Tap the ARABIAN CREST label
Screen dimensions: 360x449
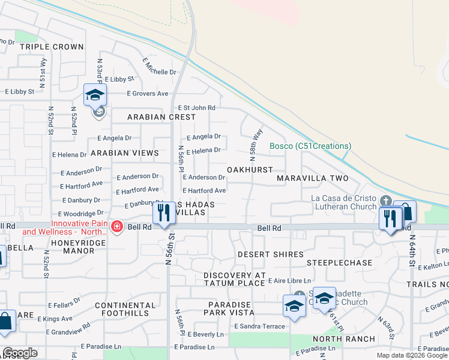pos(161,116)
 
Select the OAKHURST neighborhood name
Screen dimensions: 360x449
pos(250,170)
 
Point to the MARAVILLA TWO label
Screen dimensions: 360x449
pos(313,178)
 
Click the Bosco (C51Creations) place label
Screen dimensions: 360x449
pos(310,146)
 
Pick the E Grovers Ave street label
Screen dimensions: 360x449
pos(147,94)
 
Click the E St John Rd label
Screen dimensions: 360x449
pos(195,107)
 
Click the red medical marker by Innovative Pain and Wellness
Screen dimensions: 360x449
pos(117,227)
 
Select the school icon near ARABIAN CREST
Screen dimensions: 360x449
pos(95,96)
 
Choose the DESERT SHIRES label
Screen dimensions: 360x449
pos(270,254)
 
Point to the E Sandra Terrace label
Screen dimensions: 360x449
pos(260,326)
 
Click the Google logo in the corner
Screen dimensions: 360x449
pos(20,353)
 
